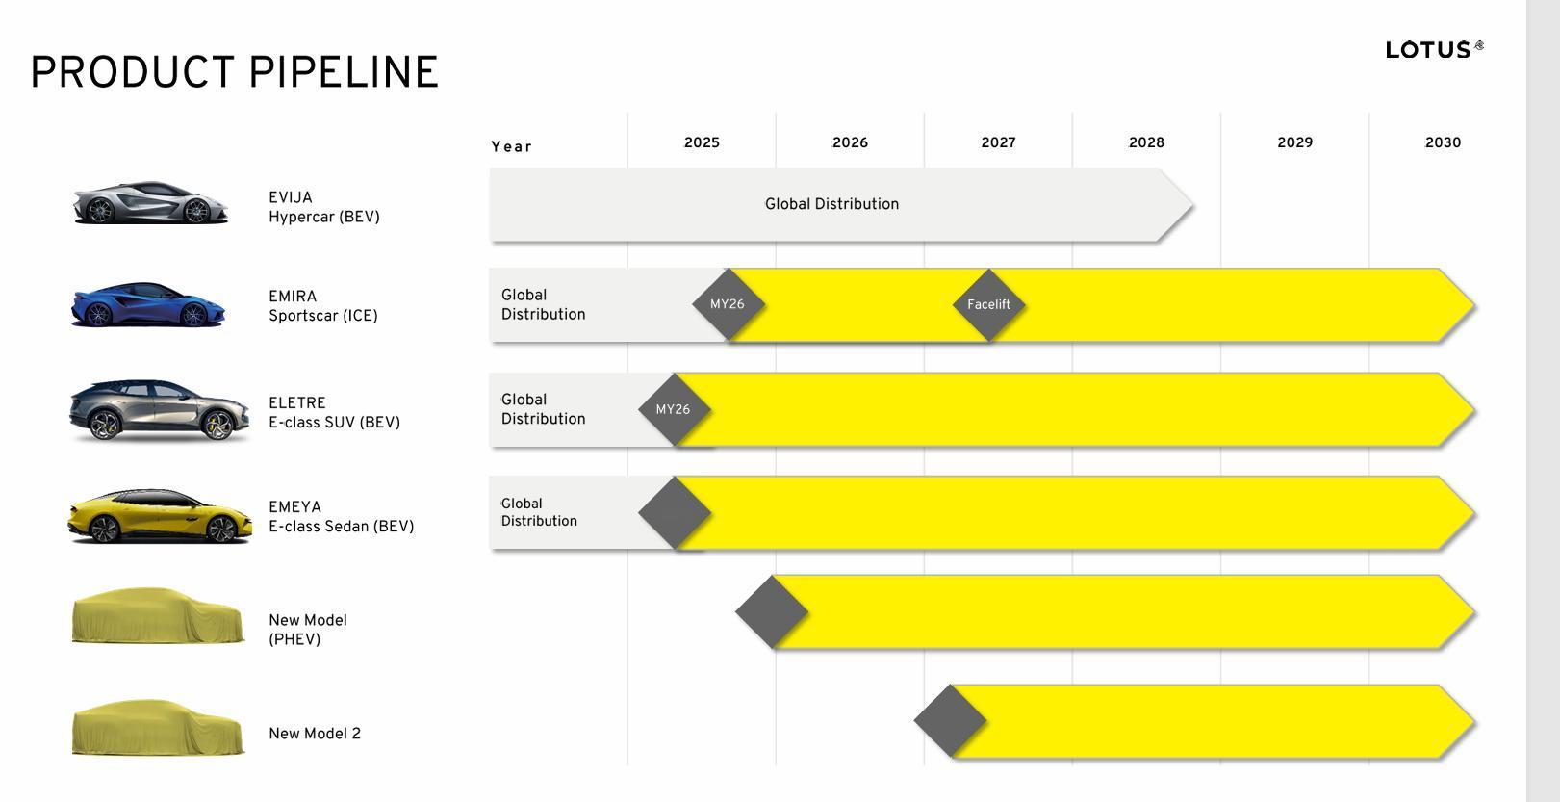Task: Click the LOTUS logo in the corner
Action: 1434,49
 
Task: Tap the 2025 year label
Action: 702,142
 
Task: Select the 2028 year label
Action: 1146,142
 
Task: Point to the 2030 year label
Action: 1443,142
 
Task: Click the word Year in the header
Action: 511,146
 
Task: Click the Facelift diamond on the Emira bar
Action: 989,304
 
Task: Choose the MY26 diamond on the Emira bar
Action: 728,304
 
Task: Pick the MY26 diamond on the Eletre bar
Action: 675,409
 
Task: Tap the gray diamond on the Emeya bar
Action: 675,513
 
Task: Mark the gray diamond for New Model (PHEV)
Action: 772,611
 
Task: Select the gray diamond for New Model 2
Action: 950,720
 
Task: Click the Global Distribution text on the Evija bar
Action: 831,204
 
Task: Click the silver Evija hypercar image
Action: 150,203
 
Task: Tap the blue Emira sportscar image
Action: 148,304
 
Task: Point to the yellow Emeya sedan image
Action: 160,516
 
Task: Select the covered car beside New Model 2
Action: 158,728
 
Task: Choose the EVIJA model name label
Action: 291,197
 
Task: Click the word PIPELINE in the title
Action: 344,72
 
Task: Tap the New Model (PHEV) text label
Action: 308,630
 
